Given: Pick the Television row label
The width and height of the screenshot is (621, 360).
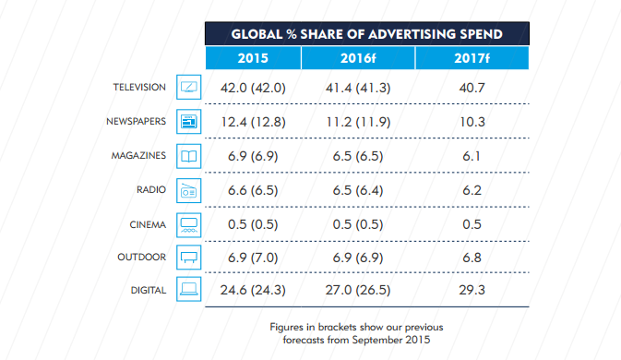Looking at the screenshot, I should (x=138, y=88).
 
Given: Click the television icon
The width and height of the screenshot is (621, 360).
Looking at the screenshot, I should (x=188, y=89).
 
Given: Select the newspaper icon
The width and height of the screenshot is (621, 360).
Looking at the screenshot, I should (x=188, y=122).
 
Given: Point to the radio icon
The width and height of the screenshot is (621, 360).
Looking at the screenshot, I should (x=188, y=189).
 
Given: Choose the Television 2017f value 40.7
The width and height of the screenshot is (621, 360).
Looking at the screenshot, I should (x=471, y=89).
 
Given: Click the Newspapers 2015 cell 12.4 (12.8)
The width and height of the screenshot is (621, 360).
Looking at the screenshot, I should (x=252, y=123).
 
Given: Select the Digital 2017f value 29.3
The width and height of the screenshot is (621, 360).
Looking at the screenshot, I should (x=471, y=291).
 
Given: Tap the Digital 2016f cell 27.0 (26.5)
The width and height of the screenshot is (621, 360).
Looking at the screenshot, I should (x=357, y=291).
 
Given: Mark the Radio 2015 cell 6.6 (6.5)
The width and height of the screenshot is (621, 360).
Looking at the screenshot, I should (x=252, y=190).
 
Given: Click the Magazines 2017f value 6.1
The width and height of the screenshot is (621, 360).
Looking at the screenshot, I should (x=471, y=156).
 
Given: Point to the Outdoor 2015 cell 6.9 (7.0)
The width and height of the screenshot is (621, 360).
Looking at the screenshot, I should (x=252, y=258).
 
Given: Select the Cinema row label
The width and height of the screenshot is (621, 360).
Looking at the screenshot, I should (x=146, y=222).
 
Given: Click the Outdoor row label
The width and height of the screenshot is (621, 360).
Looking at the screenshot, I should (x=142, y=257).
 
